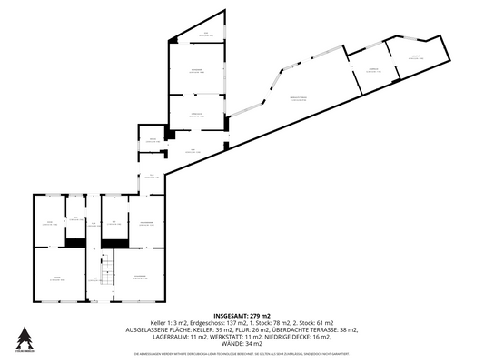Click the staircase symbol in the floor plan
[104, 270]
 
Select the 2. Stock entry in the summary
[314, 323]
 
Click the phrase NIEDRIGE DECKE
[295, 337]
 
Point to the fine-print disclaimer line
[242, 352]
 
